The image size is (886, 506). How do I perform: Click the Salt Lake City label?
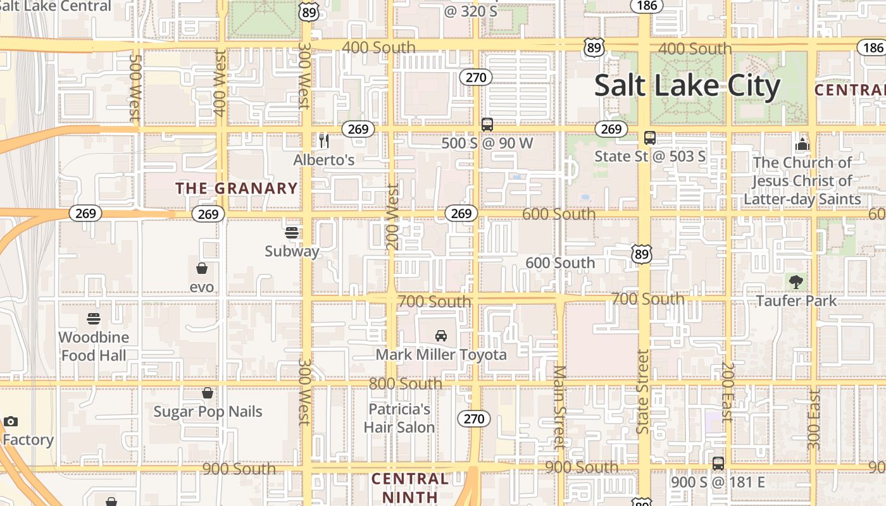click(x=687, y=86)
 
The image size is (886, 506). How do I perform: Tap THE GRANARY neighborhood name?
click(x=237, y=188)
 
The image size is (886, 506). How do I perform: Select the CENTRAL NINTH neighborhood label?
click(x=410, y=488)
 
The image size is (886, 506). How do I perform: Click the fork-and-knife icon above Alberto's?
click(x=324, y=140)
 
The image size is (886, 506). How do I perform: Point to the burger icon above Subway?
click(x=292, y=233)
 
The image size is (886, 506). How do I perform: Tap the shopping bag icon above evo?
click(x=202, y=269)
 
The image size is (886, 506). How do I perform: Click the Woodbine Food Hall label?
click(x=94, y=346)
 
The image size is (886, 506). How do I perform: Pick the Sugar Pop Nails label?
click(x=208, y=412)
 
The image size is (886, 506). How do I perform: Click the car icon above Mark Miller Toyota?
click(x=441, y=335)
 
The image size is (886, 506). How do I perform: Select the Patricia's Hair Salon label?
click(x=399, y=418)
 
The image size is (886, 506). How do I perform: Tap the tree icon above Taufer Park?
click(x=796, y=282)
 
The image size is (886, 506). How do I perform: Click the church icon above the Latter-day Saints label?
click(x=802, y=144)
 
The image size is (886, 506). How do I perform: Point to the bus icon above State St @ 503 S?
click(x=650, y=137)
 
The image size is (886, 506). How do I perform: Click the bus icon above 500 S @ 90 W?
click(x=487, y=125)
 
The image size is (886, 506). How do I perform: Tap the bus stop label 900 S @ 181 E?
click(x=718, y=483)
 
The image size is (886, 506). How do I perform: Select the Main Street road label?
click(x=559, y=407)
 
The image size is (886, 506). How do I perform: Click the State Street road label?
click(x=643, y=392)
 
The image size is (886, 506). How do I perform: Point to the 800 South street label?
click(x=406, y=383)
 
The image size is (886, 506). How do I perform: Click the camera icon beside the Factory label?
click(x=10, y=421)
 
